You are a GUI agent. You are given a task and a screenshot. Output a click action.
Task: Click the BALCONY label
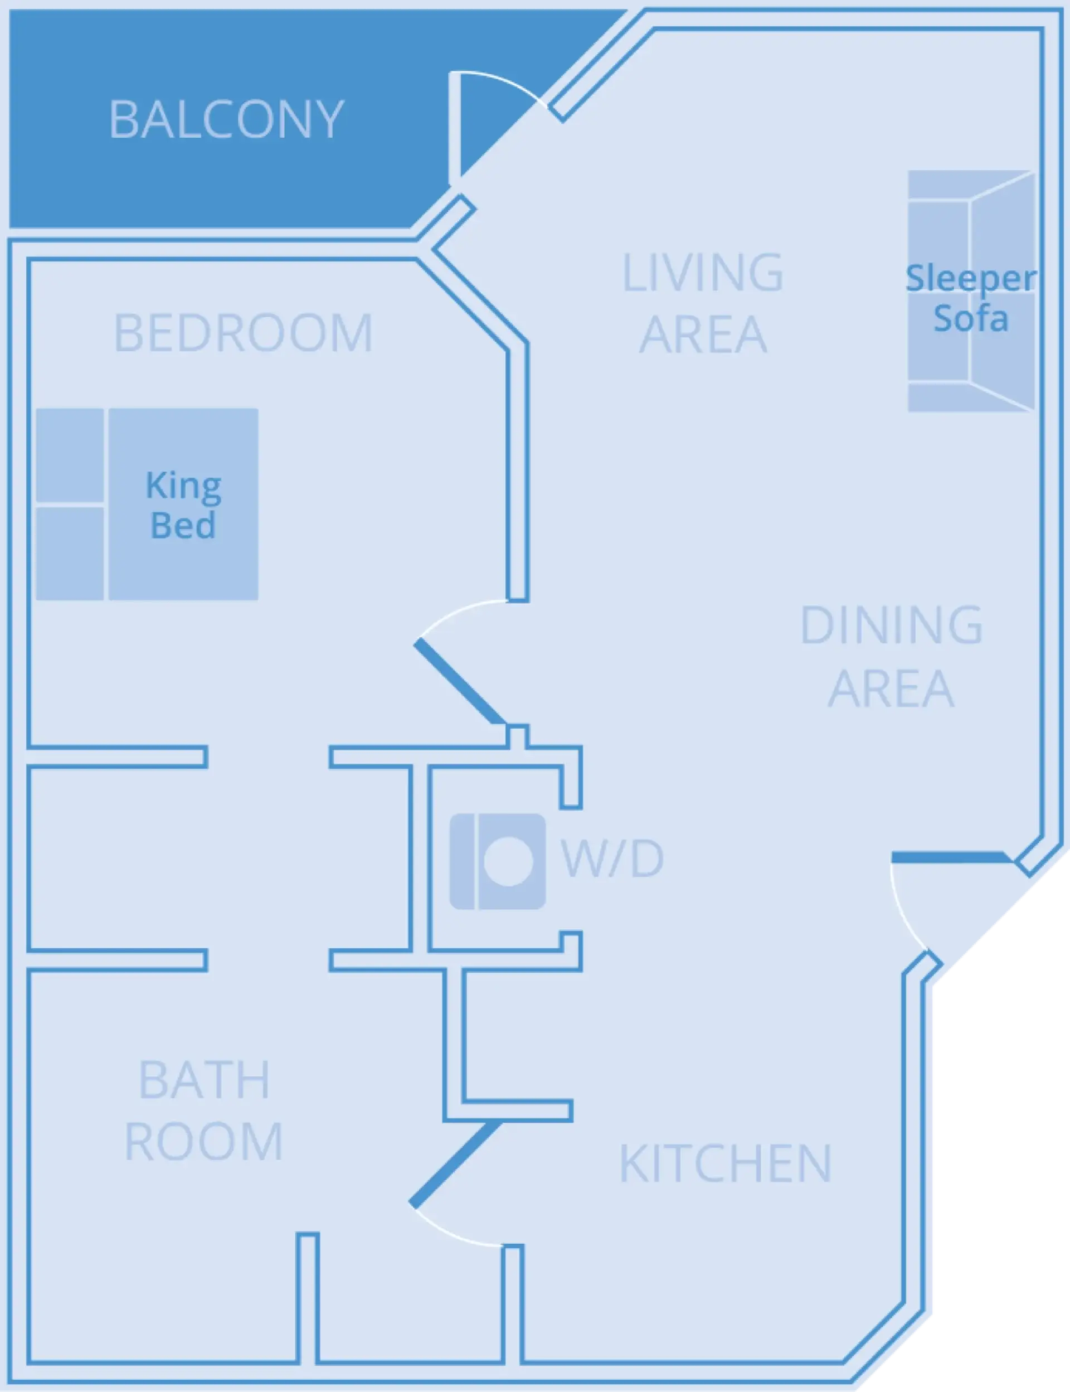tap(226, 119)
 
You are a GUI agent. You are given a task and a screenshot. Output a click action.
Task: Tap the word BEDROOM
tap(244, 333)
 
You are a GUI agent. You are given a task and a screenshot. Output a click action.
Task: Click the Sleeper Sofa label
tap(971, 298)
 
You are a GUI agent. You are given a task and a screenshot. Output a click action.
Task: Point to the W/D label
tap(612, 858)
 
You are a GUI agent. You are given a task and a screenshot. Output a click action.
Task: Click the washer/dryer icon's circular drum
tap(508, 861)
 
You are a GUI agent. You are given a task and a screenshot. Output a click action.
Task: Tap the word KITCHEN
tap(726, 1163)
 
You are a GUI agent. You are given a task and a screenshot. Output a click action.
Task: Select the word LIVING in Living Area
tap(703, 273)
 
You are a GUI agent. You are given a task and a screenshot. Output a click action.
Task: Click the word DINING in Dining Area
tap(891, 625)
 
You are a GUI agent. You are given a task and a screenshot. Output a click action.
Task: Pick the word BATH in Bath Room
tap(205, 1080)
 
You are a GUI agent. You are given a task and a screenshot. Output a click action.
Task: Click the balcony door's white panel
tap(454, 128)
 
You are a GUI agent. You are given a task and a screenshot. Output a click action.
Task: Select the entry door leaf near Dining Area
tap(949, 857)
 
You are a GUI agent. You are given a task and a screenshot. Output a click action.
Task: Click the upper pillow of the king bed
tap(70, 455)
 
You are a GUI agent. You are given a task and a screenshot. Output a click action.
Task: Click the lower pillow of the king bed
tap(70, 553)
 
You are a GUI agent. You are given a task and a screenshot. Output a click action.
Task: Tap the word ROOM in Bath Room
tap(204, 1142)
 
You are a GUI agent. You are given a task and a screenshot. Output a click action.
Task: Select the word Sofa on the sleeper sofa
tap(971, 318)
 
